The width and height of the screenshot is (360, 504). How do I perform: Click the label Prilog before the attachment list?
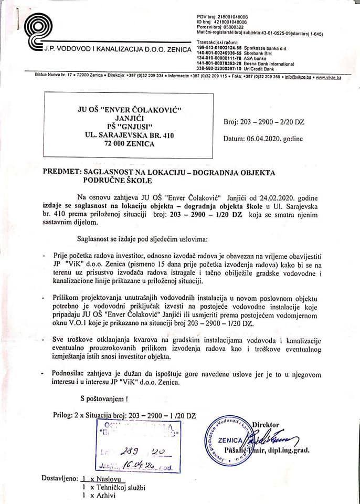point(65,415)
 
